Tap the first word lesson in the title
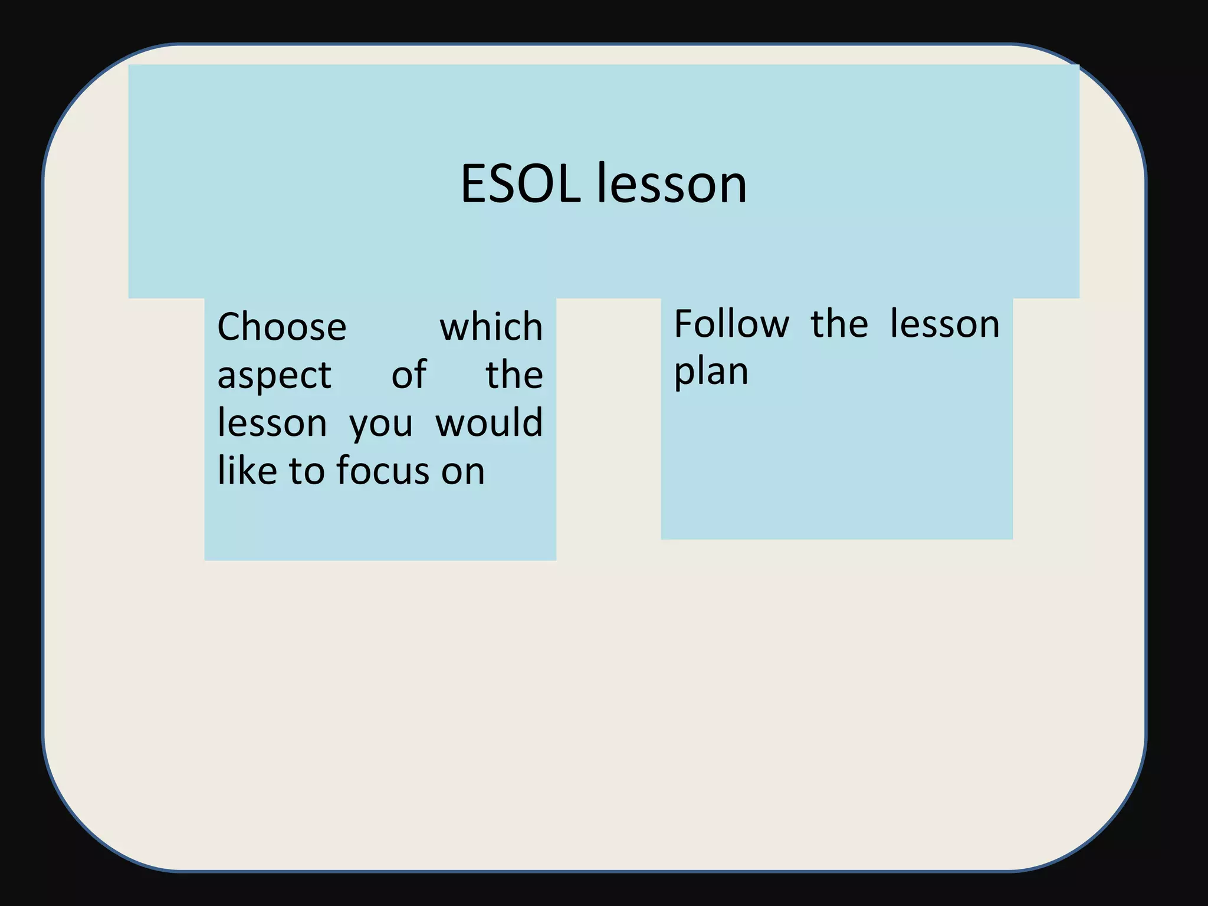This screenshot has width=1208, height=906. coord(672,184)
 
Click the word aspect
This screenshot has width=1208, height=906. coord(274,376)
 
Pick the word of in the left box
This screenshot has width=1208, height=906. coord(408,375)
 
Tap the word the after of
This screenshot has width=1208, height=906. coord(514,375)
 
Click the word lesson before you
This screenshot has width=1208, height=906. coord(272,423)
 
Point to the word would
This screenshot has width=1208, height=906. coord(489,423)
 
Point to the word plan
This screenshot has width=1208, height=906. coord(711,373)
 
